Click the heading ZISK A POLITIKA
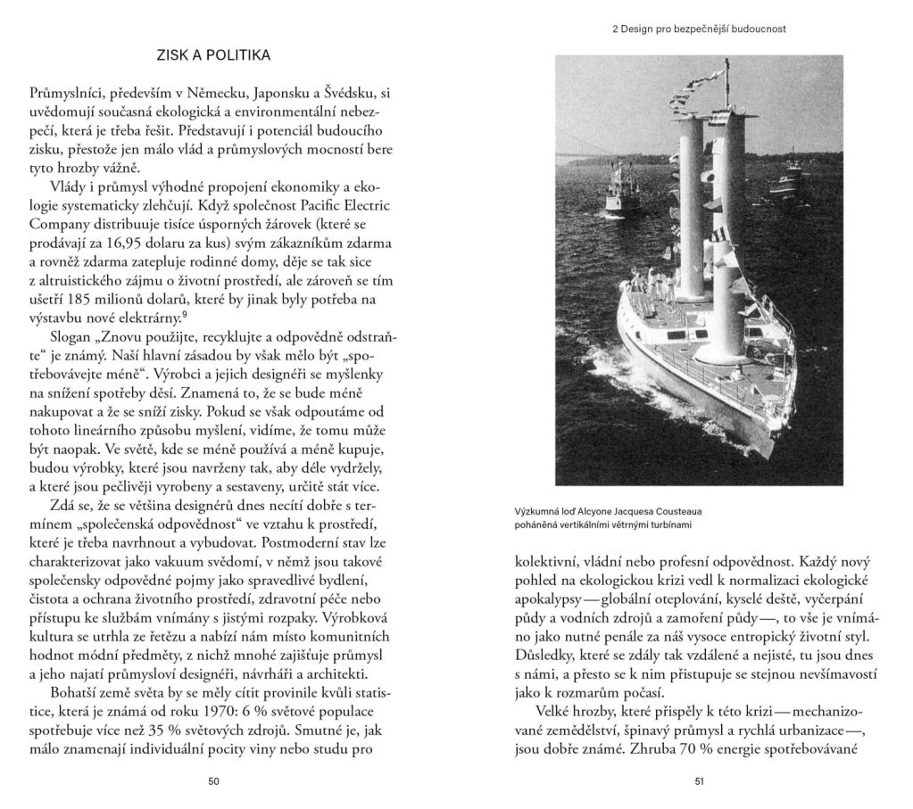pos(212,55)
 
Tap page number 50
pos(213,781)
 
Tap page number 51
pos(699,781)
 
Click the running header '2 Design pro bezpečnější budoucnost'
pos(699,29)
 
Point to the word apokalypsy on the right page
pos(555,604)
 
